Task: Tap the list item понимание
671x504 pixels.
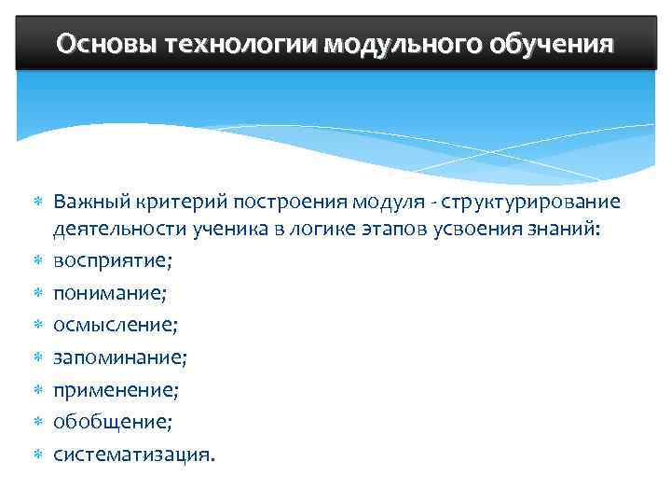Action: (110, 295)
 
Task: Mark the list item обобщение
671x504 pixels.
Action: (113, 422)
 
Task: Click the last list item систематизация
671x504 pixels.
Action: (133, 455)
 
